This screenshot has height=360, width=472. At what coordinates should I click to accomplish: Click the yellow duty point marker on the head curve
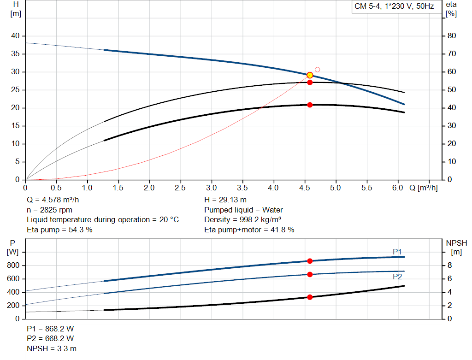point(310,75)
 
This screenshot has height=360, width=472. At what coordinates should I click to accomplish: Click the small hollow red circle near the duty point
point(317,70)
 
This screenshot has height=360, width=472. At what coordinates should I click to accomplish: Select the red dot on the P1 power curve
point(310,261)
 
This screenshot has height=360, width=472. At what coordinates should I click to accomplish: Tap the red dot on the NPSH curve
point(310,297)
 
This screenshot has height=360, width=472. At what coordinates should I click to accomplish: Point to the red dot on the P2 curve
point(310,274)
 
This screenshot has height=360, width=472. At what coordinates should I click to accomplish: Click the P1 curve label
point(397,251)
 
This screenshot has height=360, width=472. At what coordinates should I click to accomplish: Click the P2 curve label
point(397,277)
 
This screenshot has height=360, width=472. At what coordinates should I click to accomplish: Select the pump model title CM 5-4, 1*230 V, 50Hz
point(394,7)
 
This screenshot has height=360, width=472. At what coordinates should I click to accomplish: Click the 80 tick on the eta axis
point(452,36)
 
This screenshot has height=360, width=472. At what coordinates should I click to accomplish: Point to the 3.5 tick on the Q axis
point(242,188)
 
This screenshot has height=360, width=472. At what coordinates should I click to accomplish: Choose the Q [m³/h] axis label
point(423,188)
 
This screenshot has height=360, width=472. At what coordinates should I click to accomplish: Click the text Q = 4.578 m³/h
point(56,200)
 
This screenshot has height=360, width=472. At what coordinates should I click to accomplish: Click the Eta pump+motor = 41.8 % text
point(249,230)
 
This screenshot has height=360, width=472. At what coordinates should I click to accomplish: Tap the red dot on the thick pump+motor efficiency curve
point(310,105)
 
